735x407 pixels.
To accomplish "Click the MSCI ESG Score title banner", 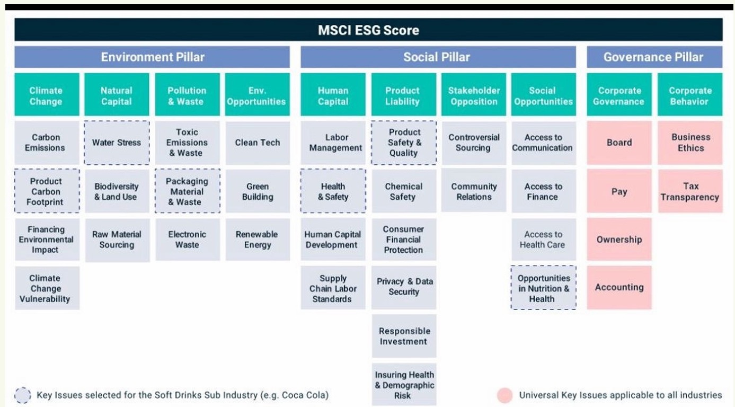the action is (x=368, y=30).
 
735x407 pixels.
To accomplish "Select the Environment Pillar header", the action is (x=152, y=57).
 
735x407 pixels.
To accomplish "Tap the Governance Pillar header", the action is (x=654, y=57).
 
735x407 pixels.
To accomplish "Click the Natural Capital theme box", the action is (x=117, y=94).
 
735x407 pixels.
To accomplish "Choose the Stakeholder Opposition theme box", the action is (x=474, y=94).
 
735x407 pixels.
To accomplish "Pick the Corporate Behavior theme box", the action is (x=690, y=94).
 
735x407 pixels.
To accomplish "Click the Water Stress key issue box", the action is (x=117, y=143).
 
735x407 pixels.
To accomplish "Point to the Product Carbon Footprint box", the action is (x=47, y=191).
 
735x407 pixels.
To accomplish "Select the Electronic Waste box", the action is (x=188, y=240).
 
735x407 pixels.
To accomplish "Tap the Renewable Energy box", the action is (x=258, y=240).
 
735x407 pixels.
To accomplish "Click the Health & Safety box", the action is (x=333, y=191).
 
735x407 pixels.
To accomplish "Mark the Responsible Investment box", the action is (x=404, y=336).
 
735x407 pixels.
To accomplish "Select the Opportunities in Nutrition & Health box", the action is (x=543, y=288).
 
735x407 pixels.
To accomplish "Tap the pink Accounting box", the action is (x=619, y=288).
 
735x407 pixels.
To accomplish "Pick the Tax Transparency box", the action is (x=690, y=191).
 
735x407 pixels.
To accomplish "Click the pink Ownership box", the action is (x=619, y=240).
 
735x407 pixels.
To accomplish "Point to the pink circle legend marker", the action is (x=504, y=395).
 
